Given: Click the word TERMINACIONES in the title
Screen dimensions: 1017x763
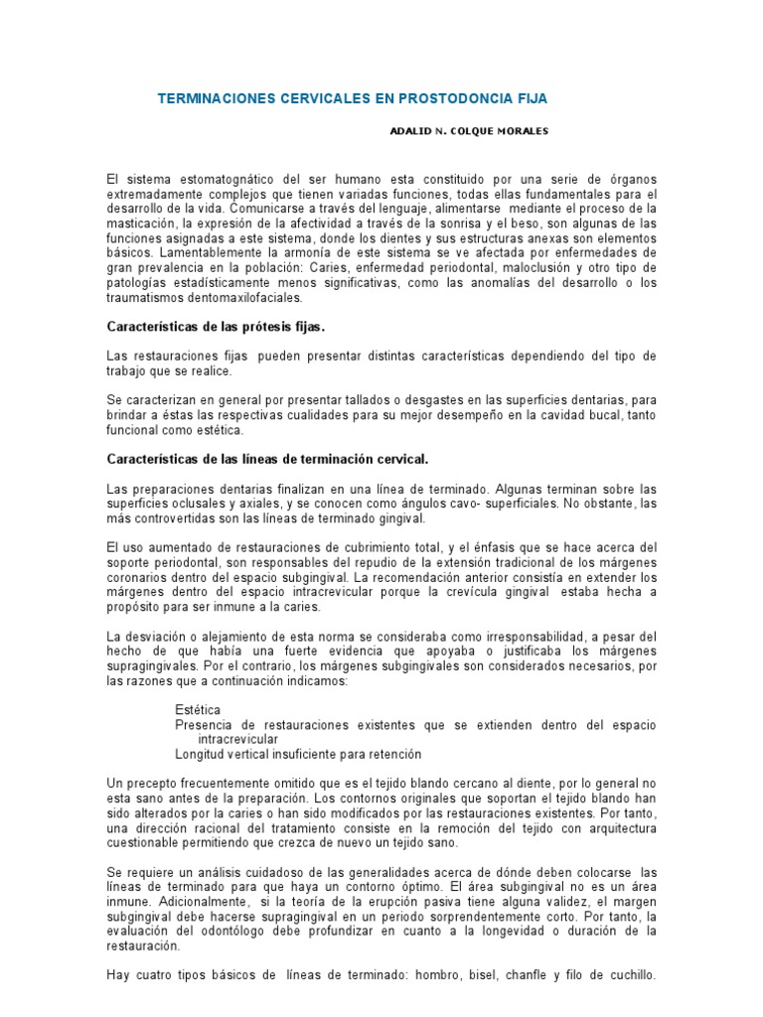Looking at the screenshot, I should (211, 99).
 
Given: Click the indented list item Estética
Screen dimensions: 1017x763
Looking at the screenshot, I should (198, 710).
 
